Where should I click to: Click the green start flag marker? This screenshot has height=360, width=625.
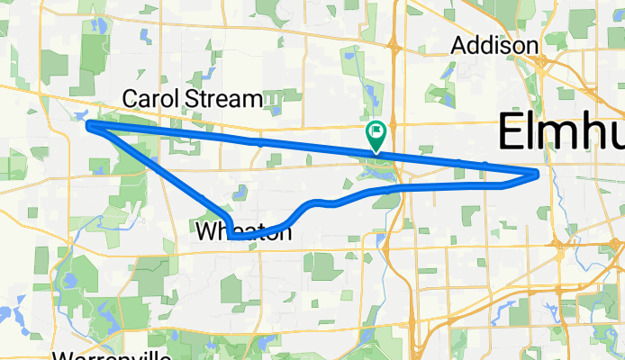click(376, 138)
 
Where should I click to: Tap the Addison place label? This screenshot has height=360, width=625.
click(494, 45)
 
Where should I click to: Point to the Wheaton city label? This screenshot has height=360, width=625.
click(244, 232)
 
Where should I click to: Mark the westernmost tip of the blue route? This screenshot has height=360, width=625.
click(88, 126)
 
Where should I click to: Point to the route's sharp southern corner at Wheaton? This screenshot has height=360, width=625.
click(231, 238)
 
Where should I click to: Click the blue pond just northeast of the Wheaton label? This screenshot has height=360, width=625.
click(240, 191)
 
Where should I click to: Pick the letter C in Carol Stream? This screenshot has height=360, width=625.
click(131, 97)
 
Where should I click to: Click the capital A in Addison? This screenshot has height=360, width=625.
click(458, 45)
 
